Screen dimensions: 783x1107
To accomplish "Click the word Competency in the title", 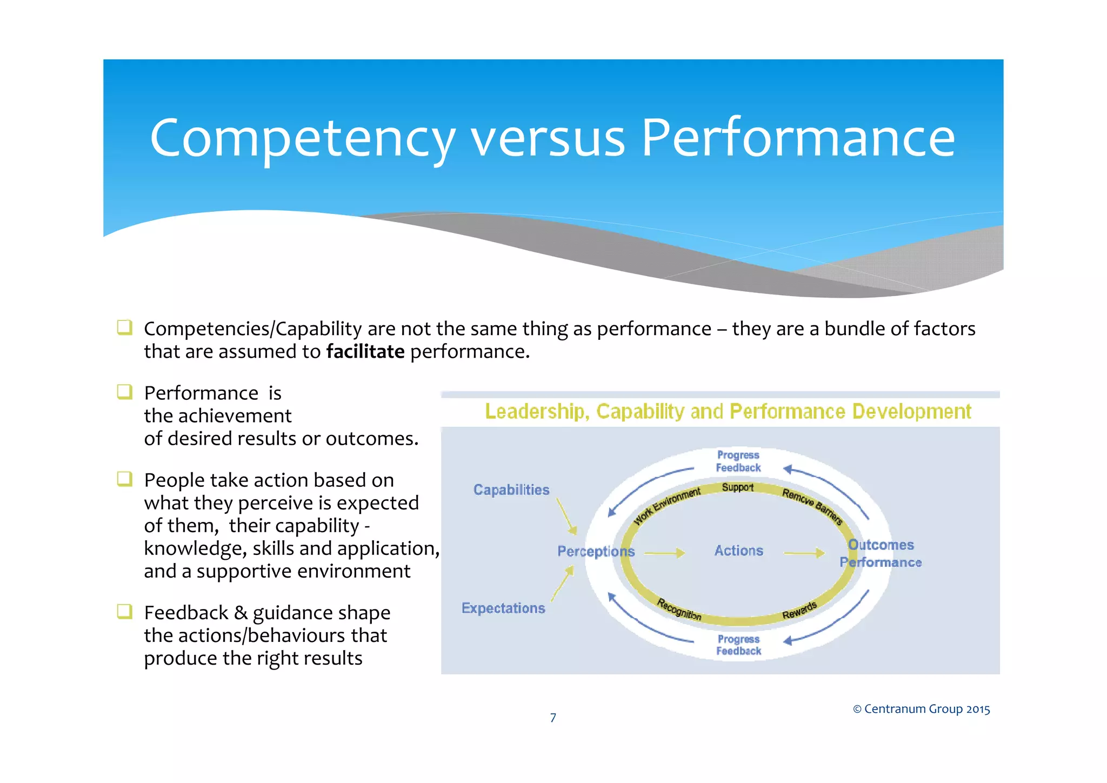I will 302,138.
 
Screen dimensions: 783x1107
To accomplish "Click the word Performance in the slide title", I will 798,138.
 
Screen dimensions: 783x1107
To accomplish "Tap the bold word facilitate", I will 365,352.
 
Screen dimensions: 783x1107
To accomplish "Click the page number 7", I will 553,718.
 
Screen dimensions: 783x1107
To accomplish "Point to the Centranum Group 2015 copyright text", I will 921,709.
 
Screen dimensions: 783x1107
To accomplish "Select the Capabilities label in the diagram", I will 511,490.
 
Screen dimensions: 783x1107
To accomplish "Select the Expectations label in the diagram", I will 503,608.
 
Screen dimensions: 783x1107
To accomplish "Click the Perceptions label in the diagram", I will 596,551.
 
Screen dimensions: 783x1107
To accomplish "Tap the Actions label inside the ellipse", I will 738,551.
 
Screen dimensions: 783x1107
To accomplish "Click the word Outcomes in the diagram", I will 881,545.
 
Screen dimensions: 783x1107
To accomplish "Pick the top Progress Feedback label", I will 738,461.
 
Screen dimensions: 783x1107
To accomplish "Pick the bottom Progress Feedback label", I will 738,645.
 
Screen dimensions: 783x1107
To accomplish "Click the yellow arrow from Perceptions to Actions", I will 664,553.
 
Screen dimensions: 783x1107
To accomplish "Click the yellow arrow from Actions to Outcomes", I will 804,553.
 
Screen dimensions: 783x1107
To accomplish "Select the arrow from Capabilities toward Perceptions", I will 566,516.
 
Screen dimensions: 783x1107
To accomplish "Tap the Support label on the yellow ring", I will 737,487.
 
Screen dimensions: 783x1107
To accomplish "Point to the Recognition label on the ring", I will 679,610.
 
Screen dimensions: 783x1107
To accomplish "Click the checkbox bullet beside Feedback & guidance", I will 125,612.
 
